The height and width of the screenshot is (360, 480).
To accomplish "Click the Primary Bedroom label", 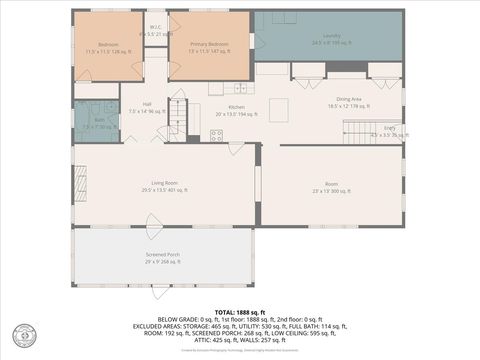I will (211, 44).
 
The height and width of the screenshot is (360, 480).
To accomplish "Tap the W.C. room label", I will (155, 27).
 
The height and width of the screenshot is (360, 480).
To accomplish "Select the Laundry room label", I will (331, 37).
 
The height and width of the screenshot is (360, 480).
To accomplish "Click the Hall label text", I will (146, 104).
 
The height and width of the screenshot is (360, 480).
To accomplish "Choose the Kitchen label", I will (237, 107).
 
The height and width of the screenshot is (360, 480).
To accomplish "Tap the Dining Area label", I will (349, 98).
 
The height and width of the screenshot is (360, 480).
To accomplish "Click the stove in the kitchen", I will (216, 135).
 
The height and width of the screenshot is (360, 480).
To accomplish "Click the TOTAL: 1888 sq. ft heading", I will (240, 311).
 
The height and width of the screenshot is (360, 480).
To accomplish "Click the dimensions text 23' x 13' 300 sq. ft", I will (331, 190).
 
